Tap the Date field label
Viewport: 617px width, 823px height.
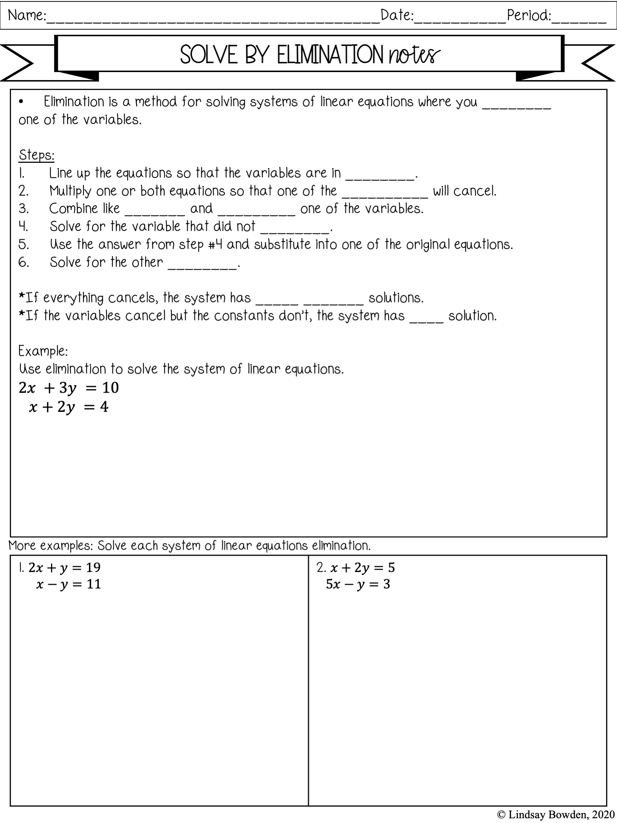[397, 16]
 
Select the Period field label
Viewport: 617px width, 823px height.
[528, 16]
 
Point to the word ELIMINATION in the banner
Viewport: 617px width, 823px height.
[330, 55]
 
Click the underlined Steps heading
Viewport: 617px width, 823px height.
[37, 155]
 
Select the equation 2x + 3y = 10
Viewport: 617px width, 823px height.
[69, 388]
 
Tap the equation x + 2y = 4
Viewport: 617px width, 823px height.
[69, 407]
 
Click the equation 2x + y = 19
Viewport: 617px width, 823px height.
[64, 568]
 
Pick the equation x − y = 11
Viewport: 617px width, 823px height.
[69, 584]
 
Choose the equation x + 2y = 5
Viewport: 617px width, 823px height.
[362, 568]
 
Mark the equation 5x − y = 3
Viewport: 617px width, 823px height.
[358, 584]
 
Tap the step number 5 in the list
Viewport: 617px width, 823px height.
[23, 245]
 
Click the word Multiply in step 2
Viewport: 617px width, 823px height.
[70, 191]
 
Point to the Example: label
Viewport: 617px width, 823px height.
[43, 351]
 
